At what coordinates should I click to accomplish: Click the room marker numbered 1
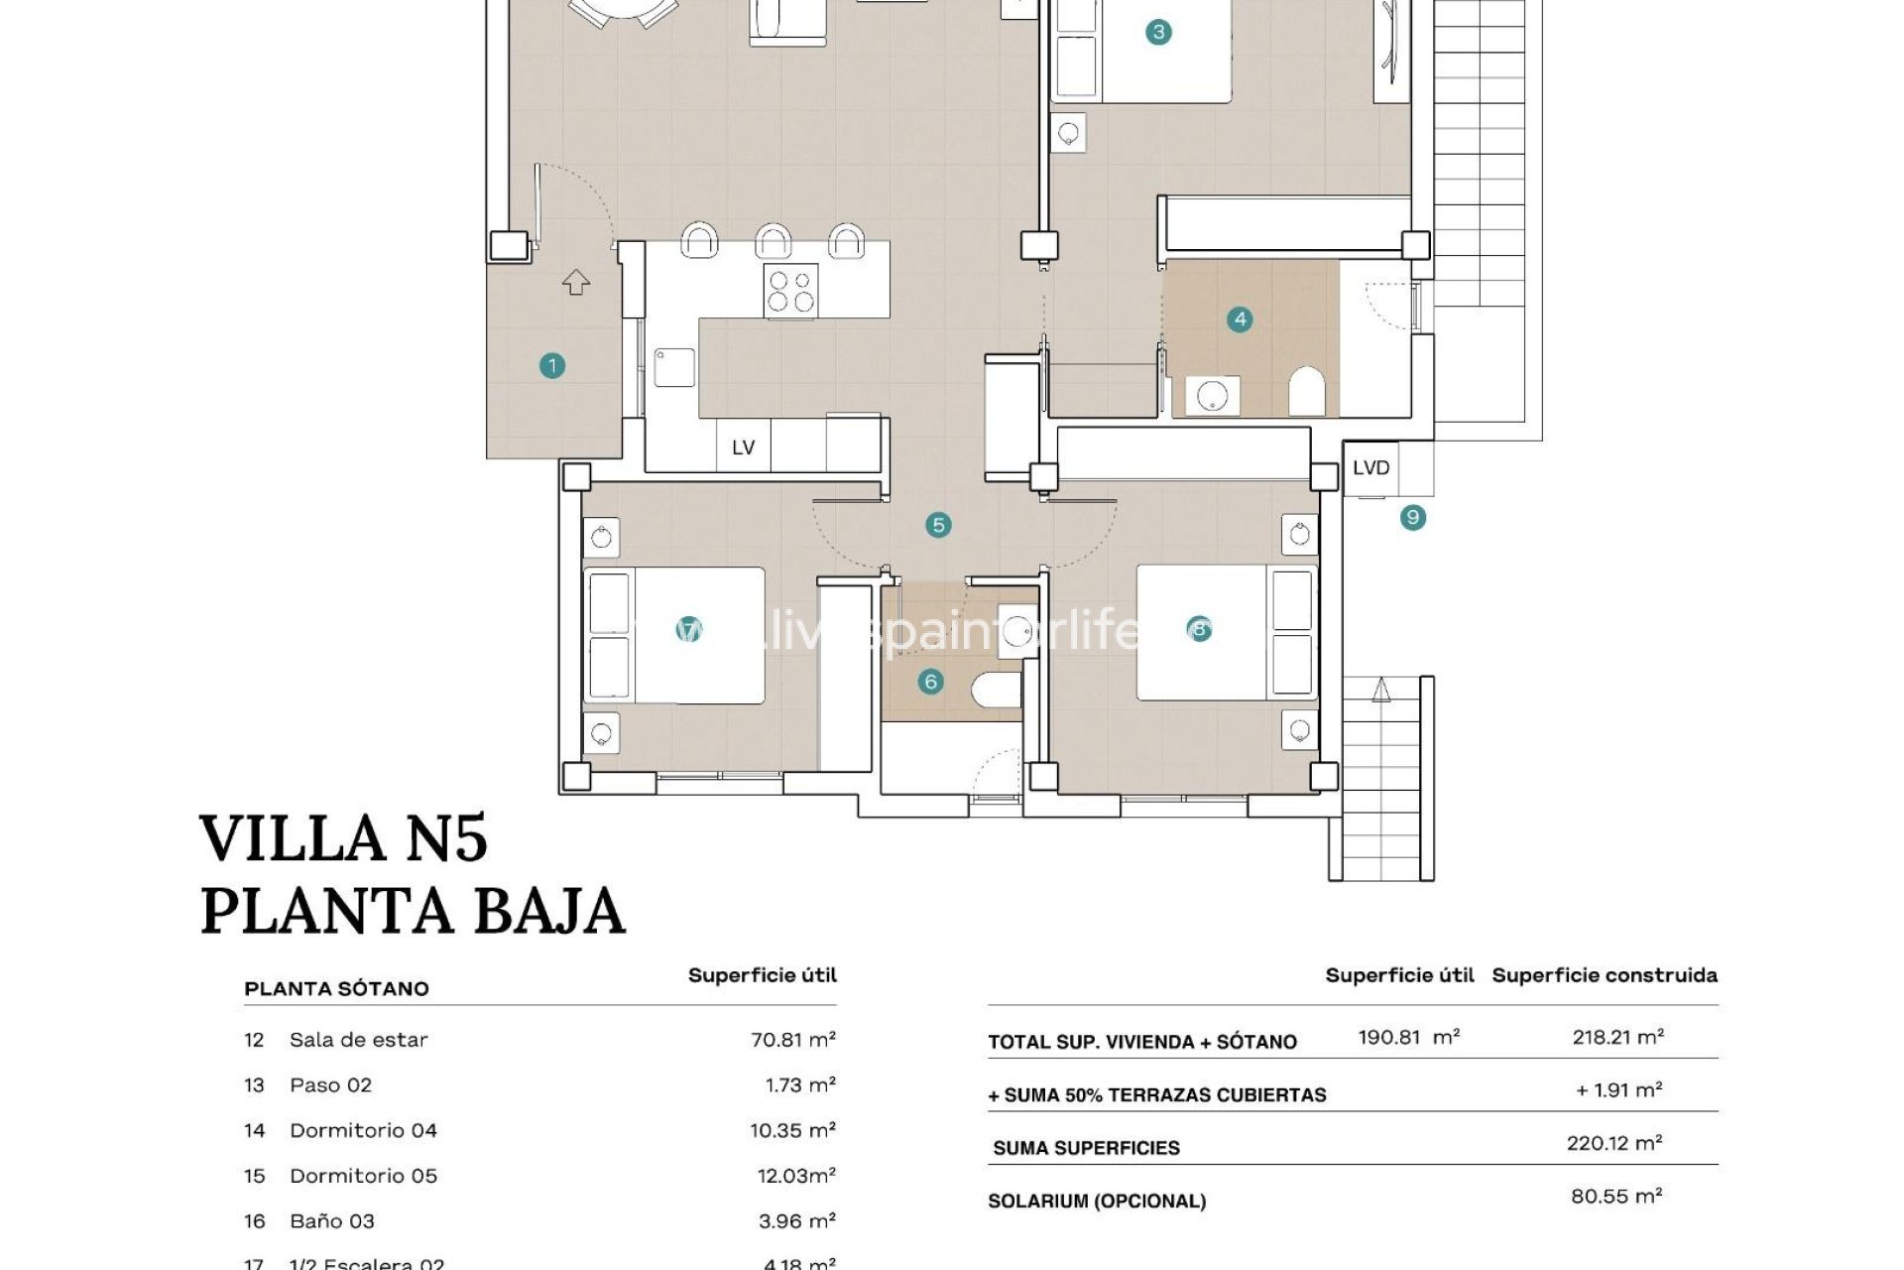click(552, 366)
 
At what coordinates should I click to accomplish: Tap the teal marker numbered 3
click(1158, 33)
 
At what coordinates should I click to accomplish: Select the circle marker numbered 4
click(1240, 319)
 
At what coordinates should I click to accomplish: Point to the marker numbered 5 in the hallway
click(938, 525)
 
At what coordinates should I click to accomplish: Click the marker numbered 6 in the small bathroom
click(930, 682)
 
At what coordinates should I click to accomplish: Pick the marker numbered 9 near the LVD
click(1413, 517)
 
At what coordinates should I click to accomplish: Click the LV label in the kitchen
click(744, 447)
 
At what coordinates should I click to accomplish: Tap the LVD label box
click(1371, 467)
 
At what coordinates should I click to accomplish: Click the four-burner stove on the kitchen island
click(790, 291)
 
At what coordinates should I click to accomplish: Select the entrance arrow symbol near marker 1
click(576, 283)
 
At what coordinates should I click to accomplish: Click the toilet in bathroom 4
click(1307, 392)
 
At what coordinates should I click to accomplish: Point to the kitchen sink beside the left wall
click(674, 366)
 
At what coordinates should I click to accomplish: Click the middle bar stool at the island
click(773, 241)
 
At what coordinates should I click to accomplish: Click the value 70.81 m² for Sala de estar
click(792, 1040)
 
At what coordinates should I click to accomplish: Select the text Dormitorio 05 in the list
click(363, 1176)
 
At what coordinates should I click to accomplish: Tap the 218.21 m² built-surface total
click(1617, 1037)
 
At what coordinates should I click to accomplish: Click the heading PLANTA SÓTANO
click(336, 989)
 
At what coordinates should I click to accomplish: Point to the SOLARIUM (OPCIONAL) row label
click(1097, 1202)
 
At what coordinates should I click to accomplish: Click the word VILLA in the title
click(293, 838)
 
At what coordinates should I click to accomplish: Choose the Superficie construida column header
click(1604, 975)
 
